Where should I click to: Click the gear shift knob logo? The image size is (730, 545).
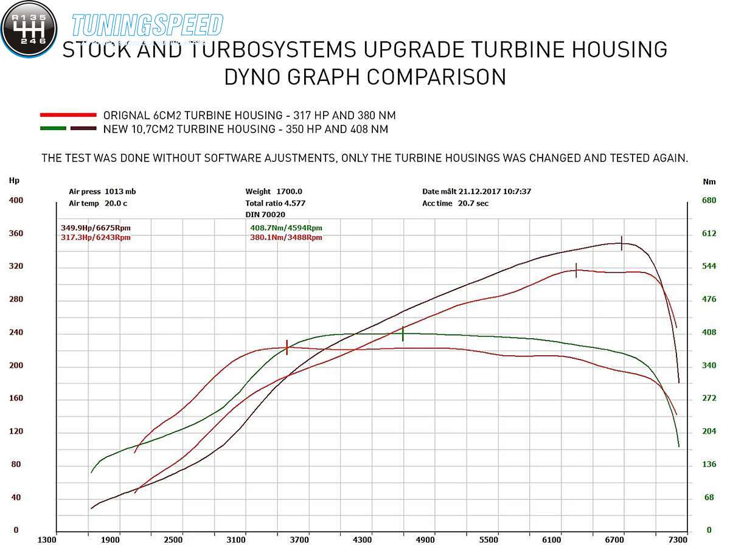coord(29,29)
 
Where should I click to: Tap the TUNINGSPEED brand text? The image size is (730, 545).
coord(147,26)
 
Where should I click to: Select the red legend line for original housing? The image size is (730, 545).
coord(68,114)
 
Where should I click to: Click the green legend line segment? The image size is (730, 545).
coord(53,128)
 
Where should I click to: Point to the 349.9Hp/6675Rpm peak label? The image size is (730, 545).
coord(96,228)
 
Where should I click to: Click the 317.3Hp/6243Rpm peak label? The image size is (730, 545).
coord(96,237)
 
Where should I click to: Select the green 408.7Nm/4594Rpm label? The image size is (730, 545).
coord(286,228)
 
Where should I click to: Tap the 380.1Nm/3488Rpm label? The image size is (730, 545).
coord(286,237)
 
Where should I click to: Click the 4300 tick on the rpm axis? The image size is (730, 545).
coord(363,539)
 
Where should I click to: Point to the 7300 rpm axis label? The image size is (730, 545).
coord(678,539)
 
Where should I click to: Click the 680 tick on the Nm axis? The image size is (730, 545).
coord(709,200)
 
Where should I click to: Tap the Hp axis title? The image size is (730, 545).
coord(14,180)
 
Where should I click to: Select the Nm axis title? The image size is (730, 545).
coord(709,181)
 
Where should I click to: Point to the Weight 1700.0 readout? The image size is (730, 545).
coord(274,192)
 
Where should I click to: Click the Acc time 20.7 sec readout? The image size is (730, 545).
coord(455,203)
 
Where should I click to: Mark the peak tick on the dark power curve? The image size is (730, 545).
coord(621,243)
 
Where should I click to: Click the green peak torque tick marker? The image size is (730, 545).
coord(403,333)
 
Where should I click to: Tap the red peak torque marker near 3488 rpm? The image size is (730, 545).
coord(287,347)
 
